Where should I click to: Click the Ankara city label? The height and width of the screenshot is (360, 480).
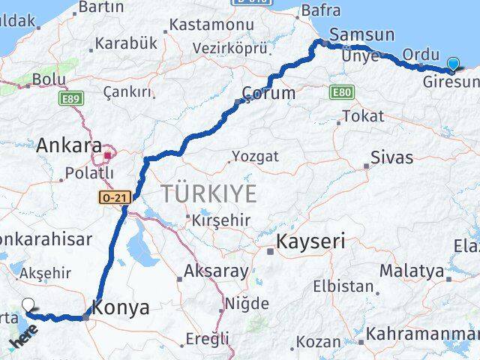tap(69, 145)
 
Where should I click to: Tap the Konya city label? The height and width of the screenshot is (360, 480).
tap(120, 307)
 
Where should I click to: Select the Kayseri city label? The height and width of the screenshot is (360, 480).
tap(310, 241)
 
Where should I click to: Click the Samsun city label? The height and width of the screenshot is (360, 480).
tap(361, 34)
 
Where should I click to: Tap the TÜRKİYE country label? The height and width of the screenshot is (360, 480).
tap(208, 193)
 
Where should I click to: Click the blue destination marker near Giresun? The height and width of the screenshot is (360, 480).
tap(453, 64)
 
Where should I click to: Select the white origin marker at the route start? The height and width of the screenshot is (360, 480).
tap(29, 304)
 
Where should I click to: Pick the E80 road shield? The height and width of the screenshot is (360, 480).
tap(340, 91)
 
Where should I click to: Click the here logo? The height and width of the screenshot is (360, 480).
tap(22, 337)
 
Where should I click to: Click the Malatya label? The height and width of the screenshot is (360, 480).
tap(411, 271)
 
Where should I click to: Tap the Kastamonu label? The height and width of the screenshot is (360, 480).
tap(211, 25)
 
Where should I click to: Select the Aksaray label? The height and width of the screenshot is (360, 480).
tap(215, 271)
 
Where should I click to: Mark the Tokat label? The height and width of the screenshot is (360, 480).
tap(363, 116)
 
